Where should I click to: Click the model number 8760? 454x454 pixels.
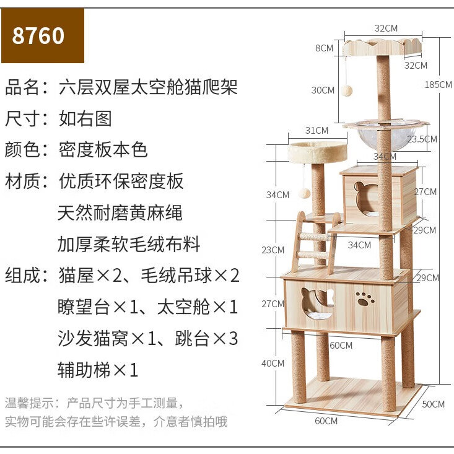[38, 35]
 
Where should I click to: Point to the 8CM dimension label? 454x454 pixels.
[324, 48]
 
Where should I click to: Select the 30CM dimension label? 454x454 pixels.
[323, 90]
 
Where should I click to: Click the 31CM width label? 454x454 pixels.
[316, 130]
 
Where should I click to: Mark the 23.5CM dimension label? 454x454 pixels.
[421, 139]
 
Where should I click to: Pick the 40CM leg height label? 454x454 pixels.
[273, 364]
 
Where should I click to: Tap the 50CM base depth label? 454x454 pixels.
[434, 404]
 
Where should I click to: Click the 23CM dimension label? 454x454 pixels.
[273, 250]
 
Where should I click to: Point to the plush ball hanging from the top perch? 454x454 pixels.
[347, 90]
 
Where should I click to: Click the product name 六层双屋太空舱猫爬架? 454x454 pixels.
[148, 87]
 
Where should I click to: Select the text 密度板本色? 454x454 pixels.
[103, 149]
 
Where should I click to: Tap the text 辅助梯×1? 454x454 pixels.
[98, 370]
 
